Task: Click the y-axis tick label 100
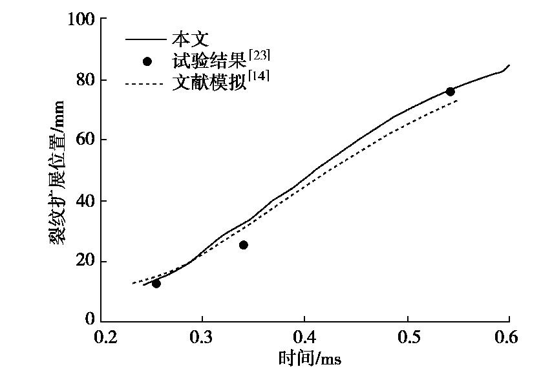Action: [x=81, y=19]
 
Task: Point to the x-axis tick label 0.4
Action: [x=304, y=337]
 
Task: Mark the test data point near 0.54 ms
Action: [x=450, y=92]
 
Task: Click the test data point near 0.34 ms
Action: [x=243, y=245]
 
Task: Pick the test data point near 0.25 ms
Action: [x=156, y=284]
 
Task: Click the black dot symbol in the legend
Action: [x=147, y=62]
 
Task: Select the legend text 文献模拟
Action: [x=210, y=84]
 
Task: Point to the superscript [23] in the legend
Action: [x=259, y=56]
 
